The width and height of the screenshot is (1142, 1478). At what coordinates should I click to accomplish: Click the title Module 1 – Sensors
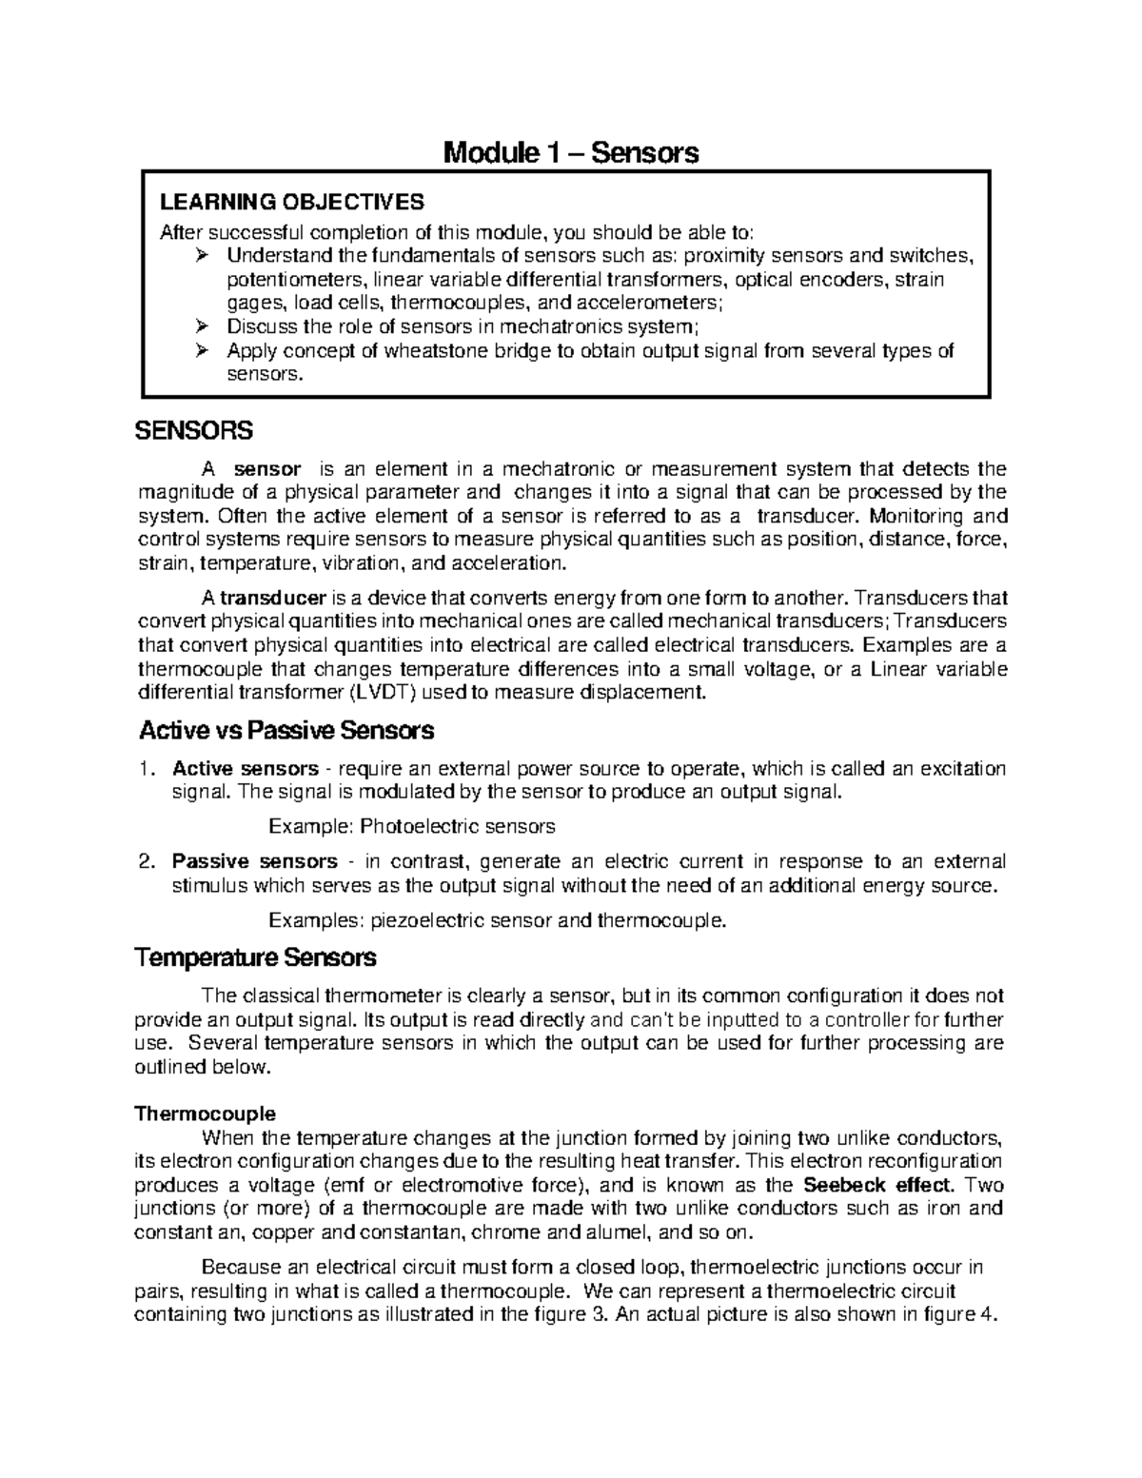571,152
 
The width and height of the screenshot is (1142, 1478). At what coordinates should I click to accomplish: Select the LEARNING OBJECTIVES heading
291,202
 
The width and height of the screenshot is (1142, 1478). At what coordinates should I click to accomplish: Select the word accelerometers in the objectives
656,304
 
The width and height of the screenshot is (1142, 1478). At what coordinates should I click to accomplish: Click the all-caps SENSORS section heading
194,431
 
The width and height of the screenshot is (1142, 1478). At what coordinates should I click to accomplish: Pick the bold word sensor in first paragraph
267,469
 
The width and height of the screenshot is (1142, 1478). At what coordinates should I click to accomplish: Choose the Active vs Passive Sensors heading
286,731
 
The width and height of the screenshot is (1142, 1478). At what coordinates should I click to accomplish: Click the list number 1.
145,769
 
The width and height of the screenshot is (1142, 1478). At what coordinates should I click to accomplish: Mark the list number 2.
145,862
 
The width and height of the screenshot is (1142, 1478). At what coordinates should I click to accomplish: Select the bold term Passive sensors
254,862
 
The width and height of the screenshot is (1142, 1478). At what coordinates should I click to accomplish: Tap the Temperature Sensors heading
255,956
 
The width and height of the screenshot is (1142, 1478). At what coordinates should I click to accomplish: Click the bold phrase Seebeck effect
877,1186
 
